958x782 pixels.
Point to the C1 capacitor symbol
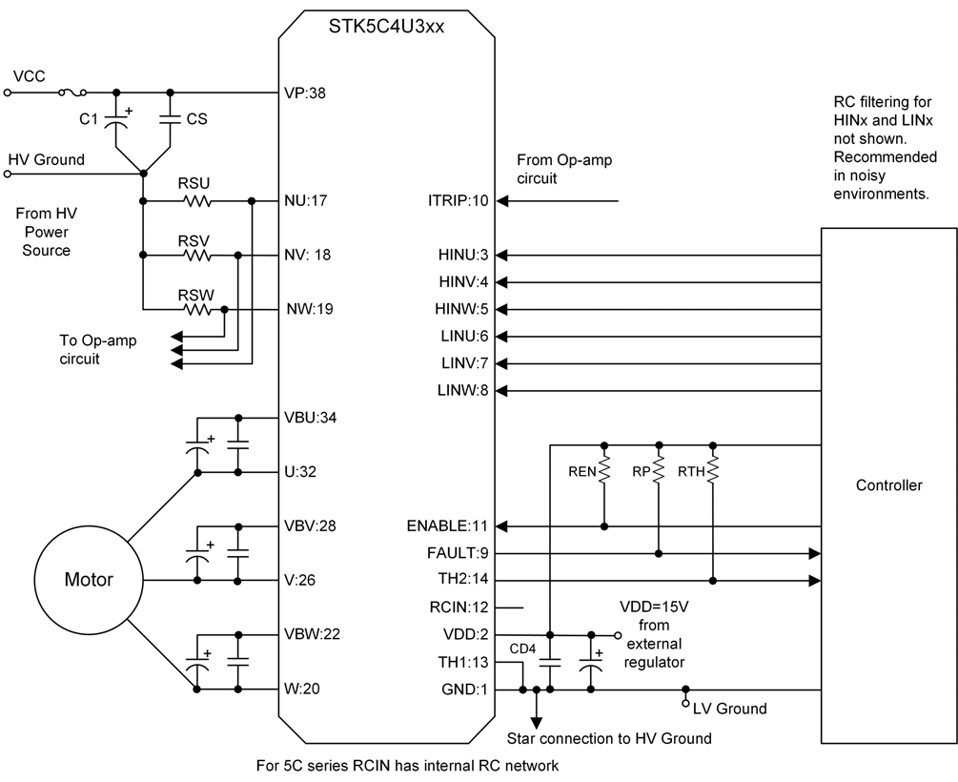(x=116, y=121)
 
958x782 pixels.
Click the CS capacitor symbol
(x=170, y=120)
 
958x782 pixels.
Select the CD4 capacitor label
(x=522, y=649)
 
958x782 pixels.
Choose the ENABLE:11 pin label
(x=446, y=526)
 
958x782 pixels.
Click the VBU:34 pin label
(x=311, y=418)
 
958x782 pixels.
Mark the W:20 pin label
(x=301, y=689)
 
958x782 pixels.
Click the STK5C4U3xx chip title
(x=385, y=22)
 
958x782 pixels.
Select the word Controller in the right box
(x=889, y=485)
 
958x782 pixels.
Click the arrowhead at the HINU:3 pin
(x=503, y=256)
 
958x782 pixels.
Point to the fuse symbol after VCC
(x=73, y=93)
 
